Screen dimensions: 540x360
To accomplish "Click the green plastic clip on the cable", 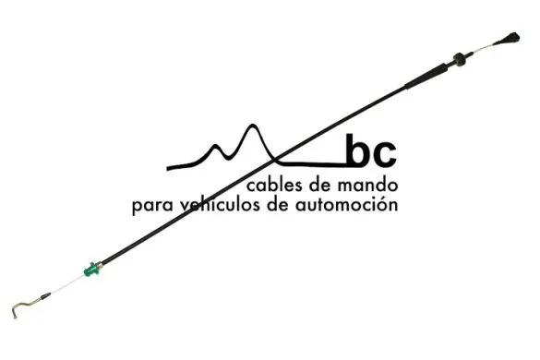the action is point(91,270).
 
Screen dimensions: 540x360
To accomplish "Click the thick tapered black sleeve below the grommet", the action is point(429,75).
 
